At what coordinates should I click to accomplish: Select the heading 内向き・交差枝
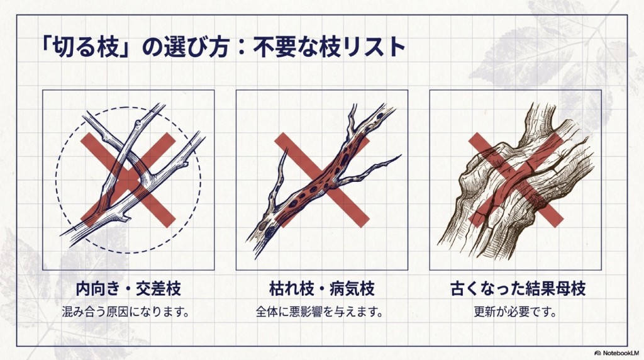[x=128, y=289]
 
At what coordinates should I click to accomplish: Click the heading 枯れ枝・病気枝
[x=322, y=289]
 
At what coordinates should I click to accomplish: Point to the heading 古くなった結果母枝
[x=518, y=289]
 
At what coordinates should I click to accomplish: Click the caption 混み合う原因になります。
[x=126, y=312]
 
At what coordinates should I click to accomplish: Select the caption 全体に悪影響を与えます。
[x=319, y=312]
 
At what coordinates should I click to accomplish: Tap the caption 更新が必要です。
[x=516, y=312]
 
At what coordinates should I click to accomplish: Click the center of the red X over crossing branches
[x=128, y=180]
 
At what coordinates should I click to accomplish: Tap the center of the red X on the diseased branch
[x=322, y=180]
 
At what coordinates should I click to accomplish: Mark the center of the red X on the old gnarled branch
[x=516, y=180]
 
